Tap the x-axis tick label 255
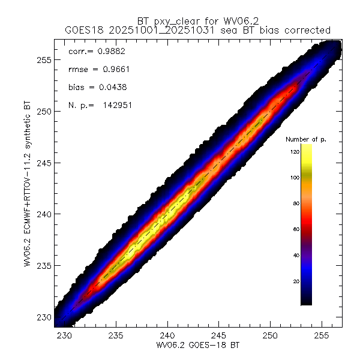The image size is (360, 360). (322, 335)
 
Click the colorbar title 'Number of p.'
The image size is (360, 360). (305, 139)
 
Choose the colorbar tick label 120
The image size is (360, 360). (293, 152)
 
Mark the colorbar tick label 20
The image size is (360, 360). (295, 281)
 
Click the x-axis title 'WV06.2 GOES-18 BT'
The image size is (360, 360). (193, 346)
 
